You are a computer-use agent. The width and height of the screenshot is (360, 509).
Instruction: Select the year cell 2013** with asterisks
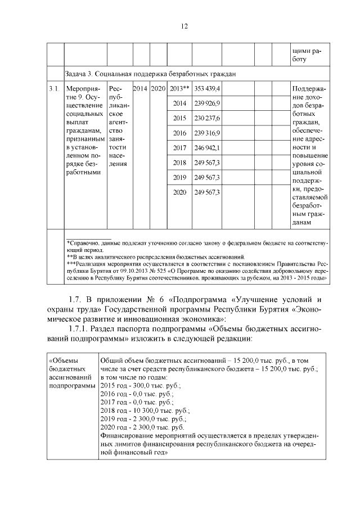click(x=179, y=89)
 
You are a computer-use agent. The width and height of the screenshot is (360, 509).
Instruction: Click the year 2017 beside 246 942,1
click(x=179, y=148)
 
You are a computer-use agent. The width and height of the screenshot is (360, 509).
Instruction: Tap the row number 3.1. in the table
click(x=54, y=89)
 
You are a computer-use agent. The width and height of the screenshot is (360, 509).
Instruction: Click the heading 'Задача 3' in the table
click(x=79, y=73)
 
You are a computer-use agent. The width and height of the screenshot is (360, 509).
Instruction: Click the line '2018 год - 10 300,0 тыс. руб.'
click(x=145, y=411)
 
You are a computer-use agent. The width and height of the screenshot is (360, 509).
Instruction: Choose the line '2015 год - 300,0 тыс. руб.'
click(x=141, y=385)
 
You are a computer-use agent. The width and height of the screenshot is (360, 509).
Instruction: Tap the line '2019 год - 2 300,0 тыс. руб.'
click(x=143, y=420)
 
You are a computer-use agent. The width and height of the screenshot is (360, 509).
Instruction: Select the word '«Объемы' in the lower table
click(x=63, y=359)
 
